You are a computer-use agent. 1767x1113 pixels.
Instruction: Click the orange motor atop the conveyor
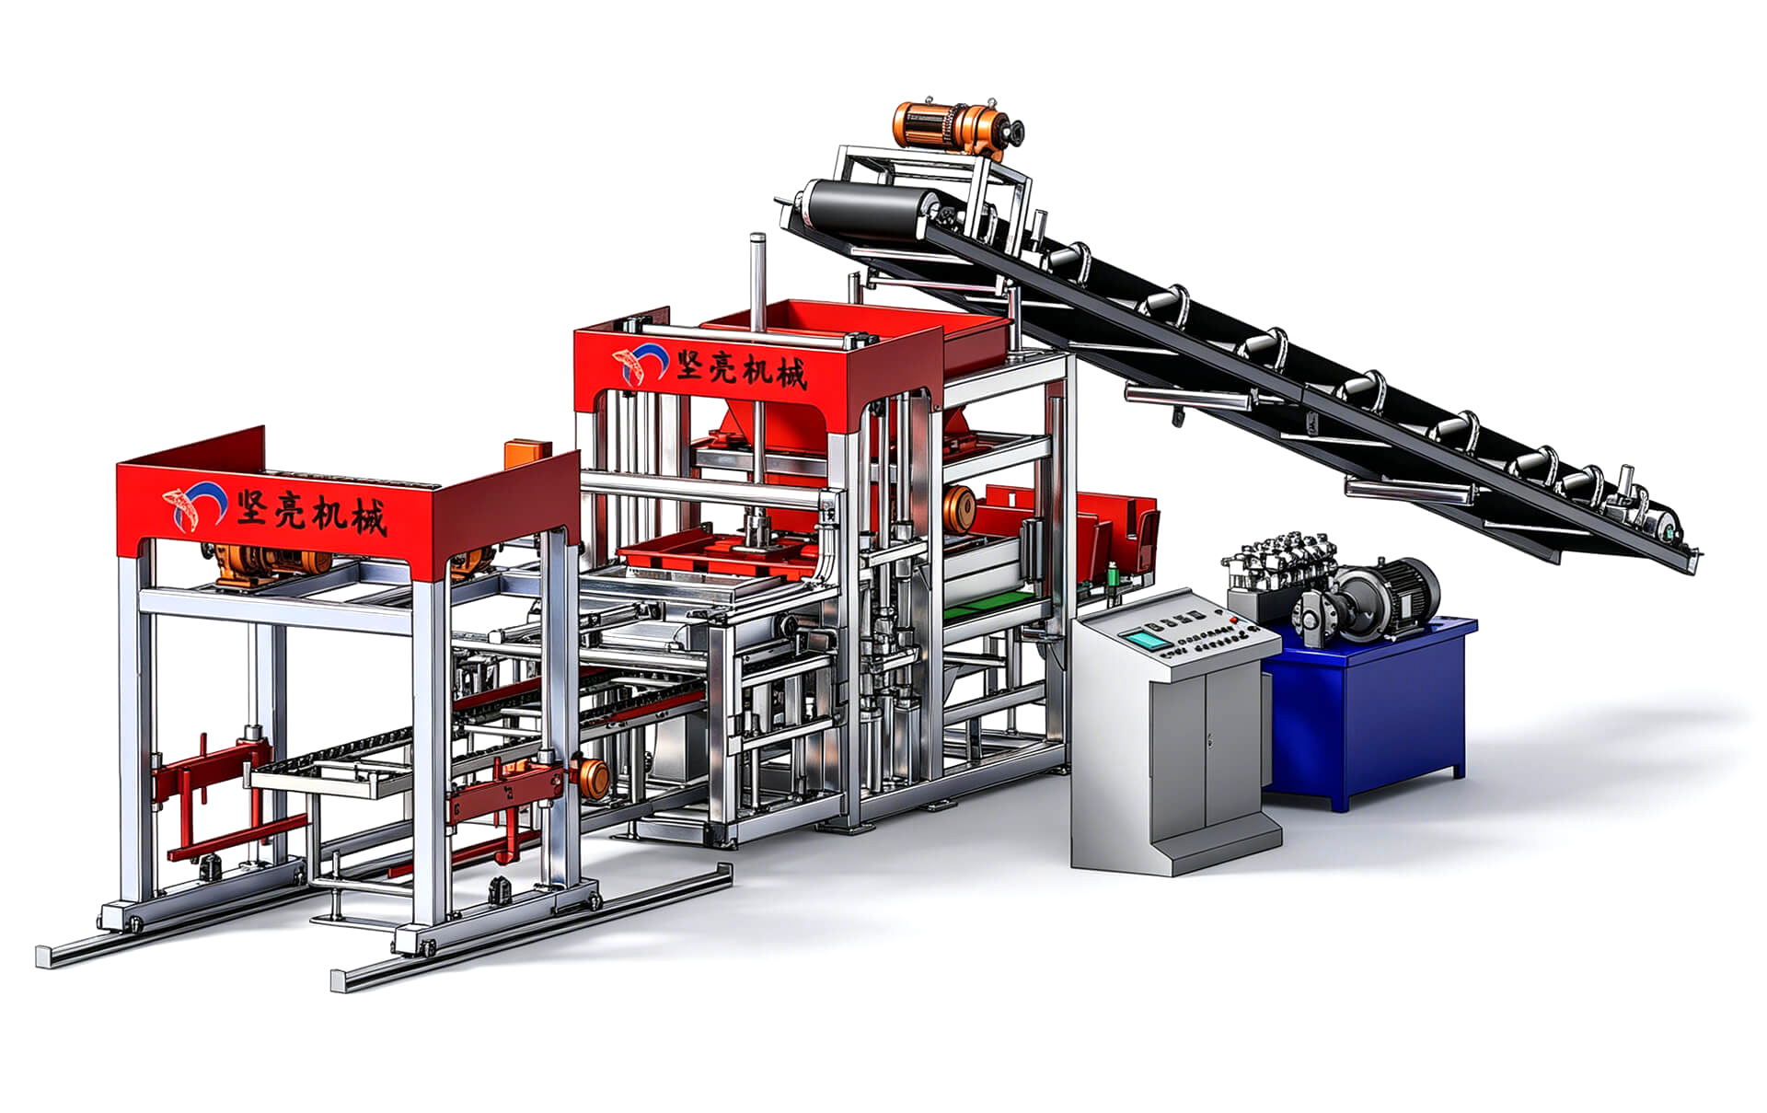[x=957, y=125]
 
